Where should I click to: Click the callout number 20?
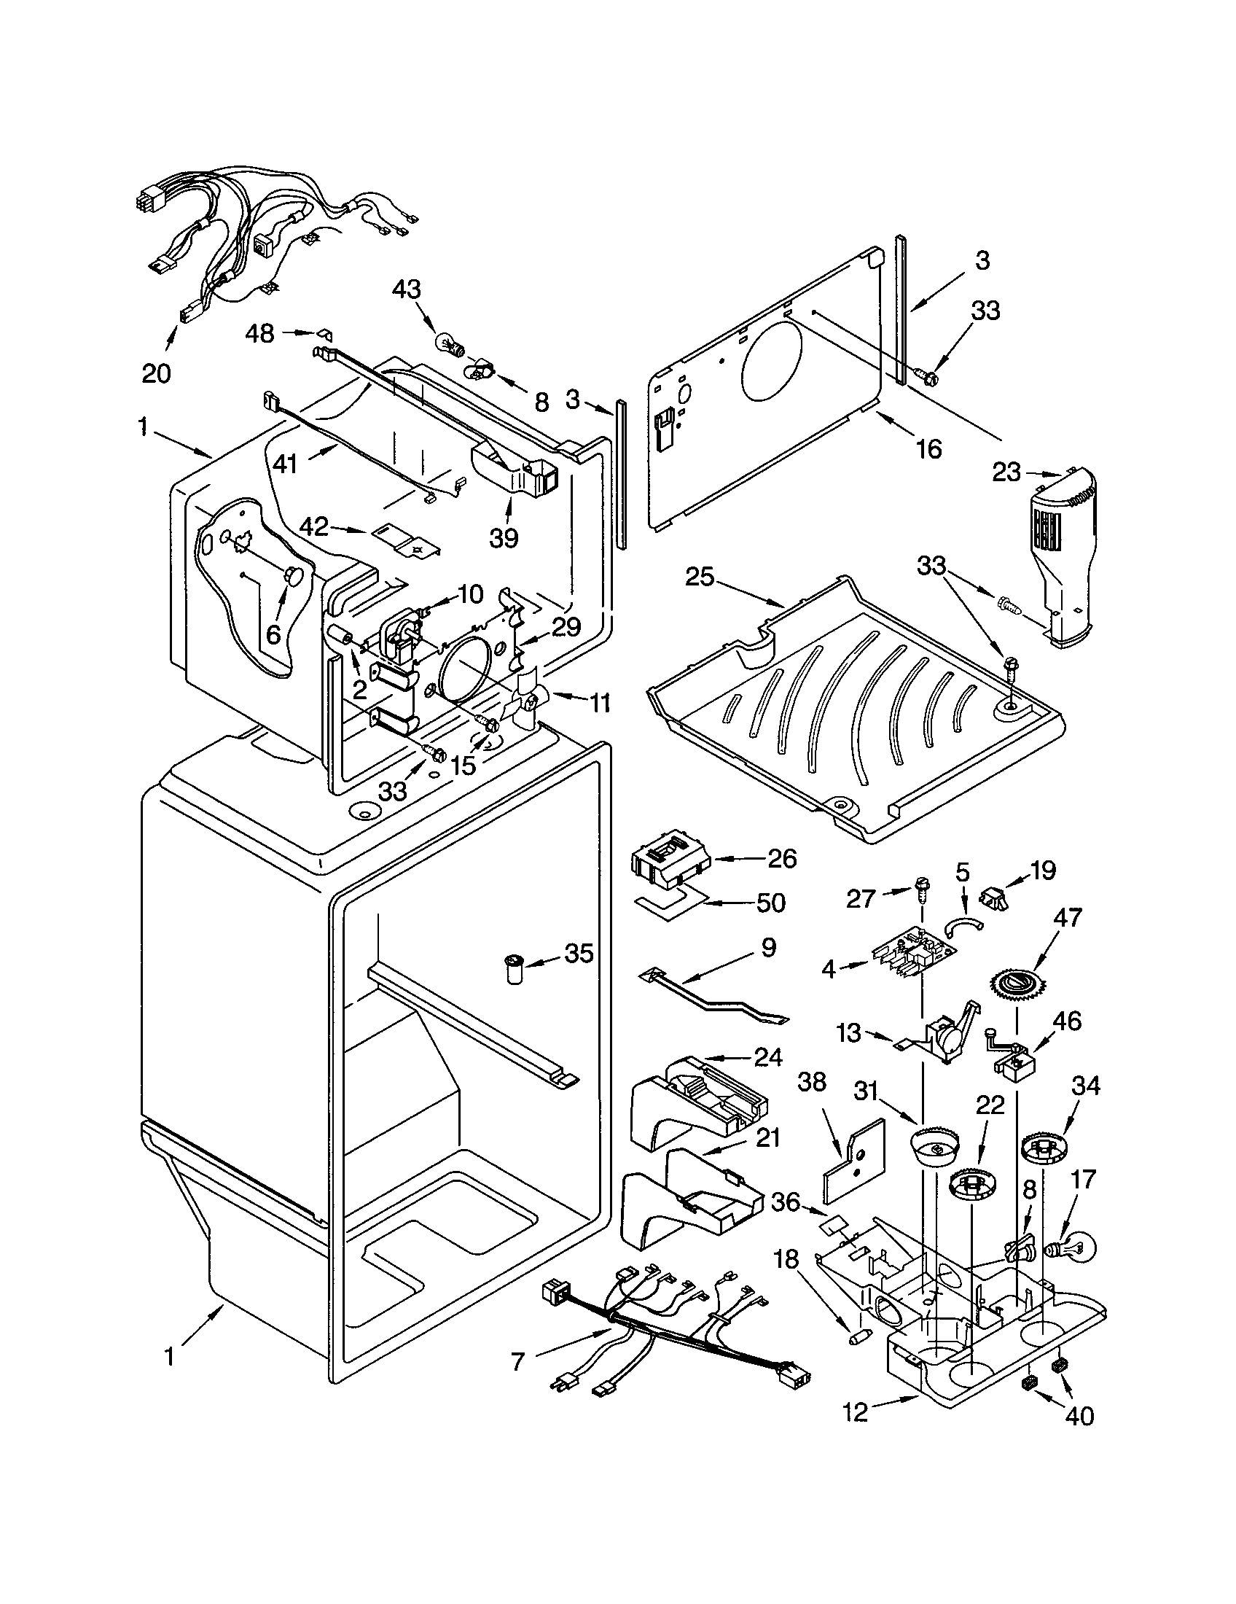pyautogui.click(x=156, y=374)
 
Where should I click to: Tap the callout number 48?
pyautogui.click(x=260, y=333)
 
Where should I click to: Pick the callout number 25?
pyautogui.click(x=700, y=577)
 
